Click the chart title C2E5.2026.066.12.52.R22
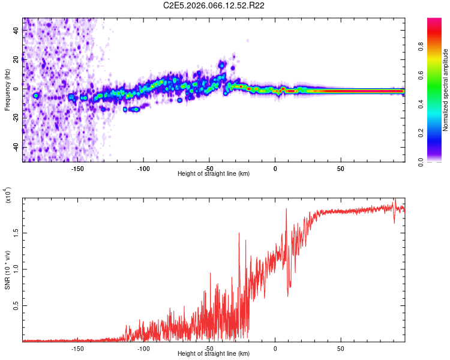tap(214, 5)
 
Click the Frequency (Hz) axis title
tap(7, 90)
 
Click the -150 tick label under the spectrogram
tap(77, 167)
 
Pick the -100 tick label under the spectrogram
tap(143, 167)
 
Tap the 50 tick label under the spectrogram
tap(340, 167)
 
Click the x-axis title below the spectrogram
tap(214, 173)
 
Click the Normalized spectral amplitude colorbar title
tap(446, 90)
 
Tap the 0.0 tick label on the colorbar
tap(436, 161)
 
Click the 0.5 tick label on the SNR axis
tap(16, 305)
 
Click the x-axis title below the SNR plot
tap(214, 353)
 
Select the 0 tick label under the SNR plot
tap(275, 347)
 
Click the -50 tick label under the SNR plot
tap(209, 347)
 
